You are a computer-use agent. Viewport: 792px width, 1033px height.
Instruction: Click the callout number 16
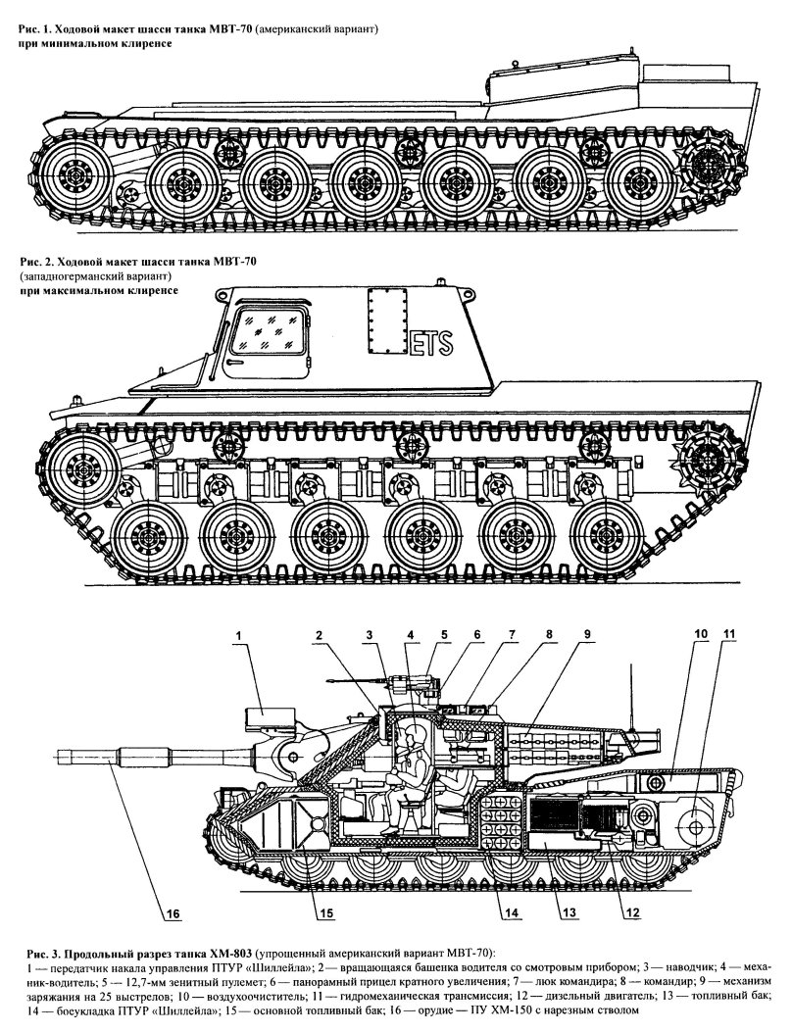coord(173,915)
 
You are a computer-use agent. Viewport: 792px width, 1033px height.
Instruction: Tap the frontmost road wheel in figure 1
coord(76,178)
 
